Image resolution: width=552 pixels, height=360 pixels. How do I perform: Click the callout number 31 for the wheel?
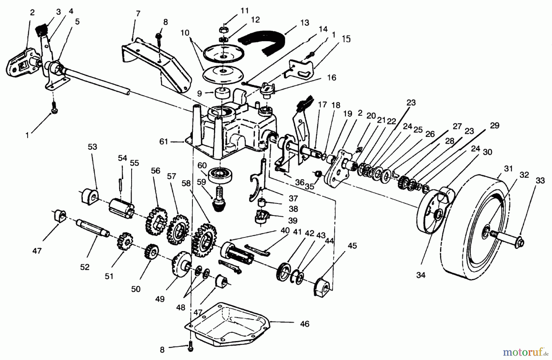(x=508, y=169)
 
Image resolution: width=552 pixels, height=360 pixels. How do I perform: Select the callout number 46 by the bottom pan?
(x=305, y=324)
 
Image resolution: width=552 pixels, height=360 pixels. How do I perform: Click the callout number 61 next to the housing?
(x=164, y=141)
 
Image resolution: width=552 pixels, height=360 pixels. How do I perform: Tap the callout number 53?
(x=92, y=147)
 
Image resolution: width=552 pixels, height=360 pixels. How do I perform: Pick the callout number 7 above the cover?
(x=138, y=14)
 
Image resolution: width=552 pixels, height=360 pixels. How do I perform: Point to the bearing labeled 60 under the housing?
(x=220, y=176)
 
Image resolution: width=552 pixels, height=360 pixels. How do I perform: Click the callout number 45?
(x=352, y=246)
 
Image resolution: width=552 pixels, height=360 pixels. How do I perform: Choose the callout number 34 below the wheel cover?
(x=421, y=275)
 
